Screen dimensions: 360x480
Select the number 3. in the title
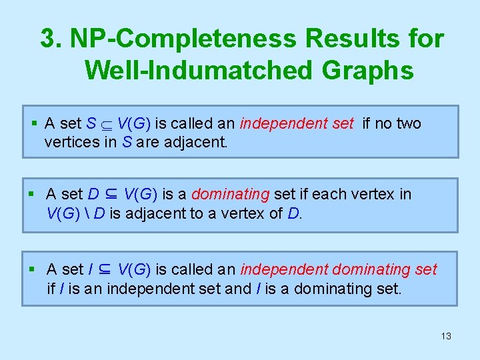pyautogui.click(x=51, y=39)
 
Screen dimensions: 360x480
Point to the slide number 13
pyautogui.click(x=446, y=336)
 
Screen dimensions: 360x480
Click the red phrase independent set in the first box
pyautogui.click(x=296, y=124)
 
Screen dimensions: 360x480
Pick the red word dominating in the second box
pyautogui.click(x=230, y=195)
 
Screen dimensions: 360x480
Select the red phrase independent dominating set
pyautogui.click(x=339, y=270)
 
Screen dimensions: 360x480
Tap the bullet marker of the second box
pyautogui.click(x=35, y=195)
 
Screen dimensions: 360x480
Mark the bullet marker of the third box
pyautogui.click(x=35, y=270)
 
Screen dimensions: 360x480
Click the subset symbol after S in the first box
pyautogui.click(x=107, y=125)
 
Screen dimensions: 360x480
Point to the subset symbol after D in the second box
pyautogui.click(x=111, y=195)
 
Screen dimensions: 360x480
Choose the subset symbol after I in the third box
pyautogui.click(x=105, y=270)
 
